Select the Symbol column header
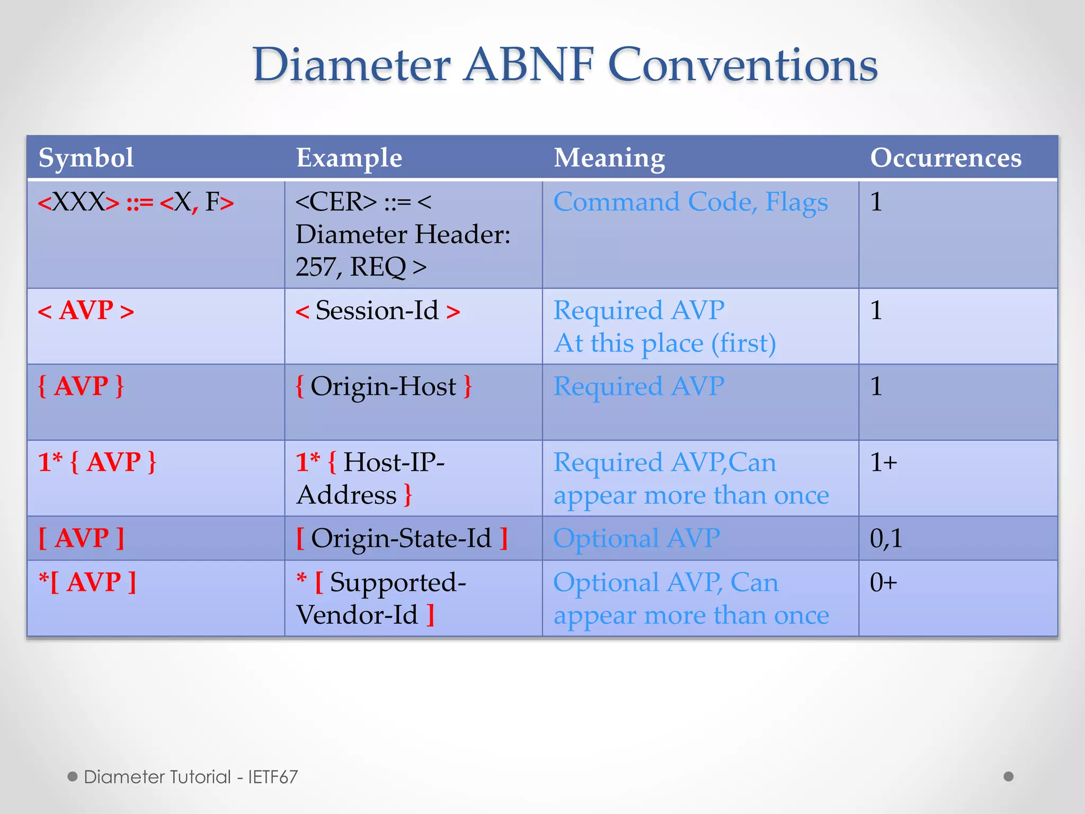point(86,158)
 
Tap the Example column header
point(349,158)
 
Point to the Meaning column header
point(609,158)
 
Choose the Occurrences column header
point(946,158)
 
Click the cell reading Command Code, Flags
point(690,202)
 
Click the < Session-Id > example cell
point(377,311)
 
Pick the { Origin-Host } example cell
point(383,386)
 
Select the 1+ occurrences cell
point(883,463)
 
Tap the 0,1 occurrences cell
point(886,538)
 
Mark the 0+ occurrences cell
point(883,582)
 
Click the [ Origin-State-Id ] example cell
point(401,538)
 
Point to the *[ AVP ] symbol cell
point(87,582)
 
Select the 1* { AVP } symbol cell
point(97,463)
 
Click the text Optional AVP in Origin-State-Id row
point(636,538)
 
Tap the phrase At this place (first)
point(664,343)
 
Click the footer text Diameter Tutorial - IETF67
point(191,777)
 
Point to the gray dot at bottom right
point(1008,776)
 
